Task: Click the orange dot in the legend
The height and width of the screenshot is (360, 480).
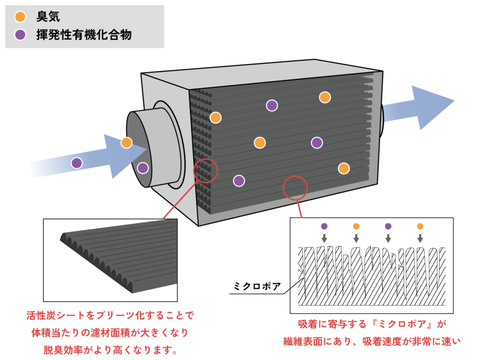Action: tap(20, 16)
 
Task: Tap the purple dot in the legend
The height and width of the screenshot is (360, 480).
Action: tap(20, 35)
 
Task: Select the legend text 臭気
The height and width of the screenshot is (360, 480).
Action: tap(48, 16)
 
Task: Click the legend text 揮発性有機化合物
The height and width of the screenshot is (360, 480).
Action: tap(84, 35)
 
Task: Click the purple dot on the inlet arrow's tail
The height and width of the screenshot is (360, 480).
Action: tap(77, 163)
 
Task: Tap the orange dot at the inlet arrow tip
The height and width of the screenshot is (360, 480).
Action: tap(127, 142)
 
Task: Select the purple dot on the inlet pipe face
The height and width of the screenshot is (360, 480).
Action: tap(142, 168)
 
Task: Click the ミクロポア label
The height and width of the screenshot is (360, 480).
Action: tap(257, 286)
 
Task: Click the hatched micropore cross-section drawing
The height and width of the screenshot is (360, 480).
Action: tap(372, 276)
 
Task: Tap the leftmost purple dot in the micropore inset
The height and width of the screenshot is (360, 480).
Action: tap(324, 226)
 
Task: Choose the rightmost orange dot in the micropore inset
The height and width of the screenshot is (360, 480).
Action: tap(420, 226)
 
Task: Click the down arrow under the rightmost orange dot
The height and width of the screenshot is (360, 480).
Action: tap(420, 238)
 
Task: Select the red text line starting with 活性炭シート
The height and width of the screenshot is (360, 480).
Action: tap(110, 315)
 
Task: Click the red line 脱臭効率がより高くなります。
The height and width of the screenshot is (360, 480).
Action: tap(110, 350)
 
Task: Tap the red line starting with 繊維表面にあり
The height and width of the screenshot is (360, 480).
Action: tap(372, 341)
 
